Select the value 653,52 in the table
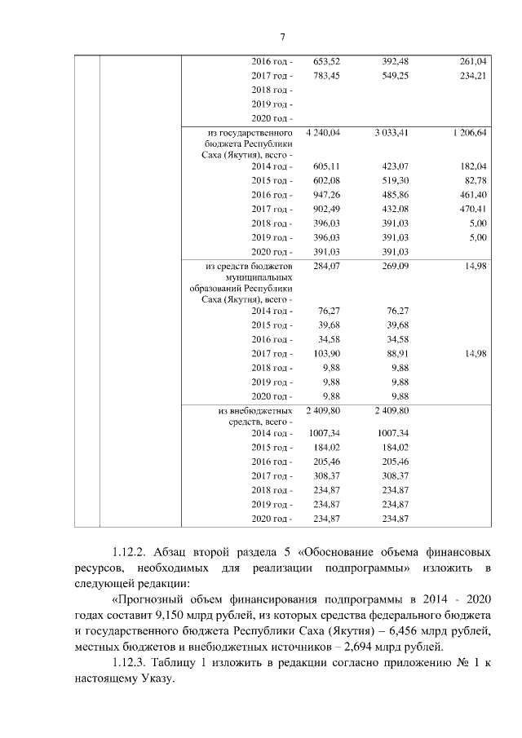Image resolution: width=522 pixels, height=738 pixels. [326, 61]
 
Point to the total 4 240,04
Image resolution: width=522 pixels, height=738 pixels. [323, 131]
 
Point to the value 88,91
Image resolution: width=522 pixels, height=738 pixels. [397, 353]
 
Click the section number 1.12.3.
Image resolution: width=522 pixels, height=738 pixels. [133, 661]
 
